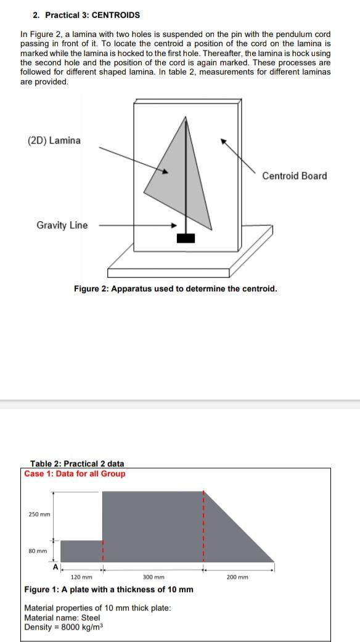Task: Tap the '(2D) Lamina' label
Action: pyautogui.click(x=54, y=140)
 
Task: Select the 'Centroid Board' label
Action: pyautogui.click(x=294, y=176)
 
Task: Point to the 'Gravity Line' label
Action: pyautogui.click(x=62, y=225)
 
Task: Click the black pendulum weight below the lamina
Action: pyautogui.click(x=186, y=238)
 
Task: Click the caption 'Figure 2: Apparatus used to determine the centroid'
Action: pyautogui.click(x=175, y=288)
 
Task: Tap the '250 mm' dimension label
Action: pyautogui.click(x=39, y=514)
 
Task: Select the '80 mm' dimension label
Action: pyautogui.click(x=38, y=551)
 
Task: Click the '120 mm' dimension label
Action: pyautogui.click(x=81, y=577)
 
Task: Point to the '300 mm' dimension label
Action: pyautogui.click(x=153, y=577)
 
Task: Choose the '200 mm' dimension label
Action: pyautogui.click(x=238, y=577)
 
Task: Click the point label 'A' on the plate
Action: pyautogui.click(x=55, y=566)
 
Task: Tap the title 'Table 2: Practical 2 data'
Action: pyautogui.click(x=77, y=463)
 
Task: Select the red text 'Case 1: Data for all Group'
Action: pyautogui.click(x=75, y=474)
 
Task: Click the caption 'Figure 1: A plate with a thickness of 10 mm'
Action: pyautogui.click(x=108, y=590)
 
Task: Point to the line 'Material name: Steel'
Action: pyautogui.click(x=62, y=617)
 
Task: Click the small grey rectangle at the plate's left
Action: pyautogui.click(x=81, y=551)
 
